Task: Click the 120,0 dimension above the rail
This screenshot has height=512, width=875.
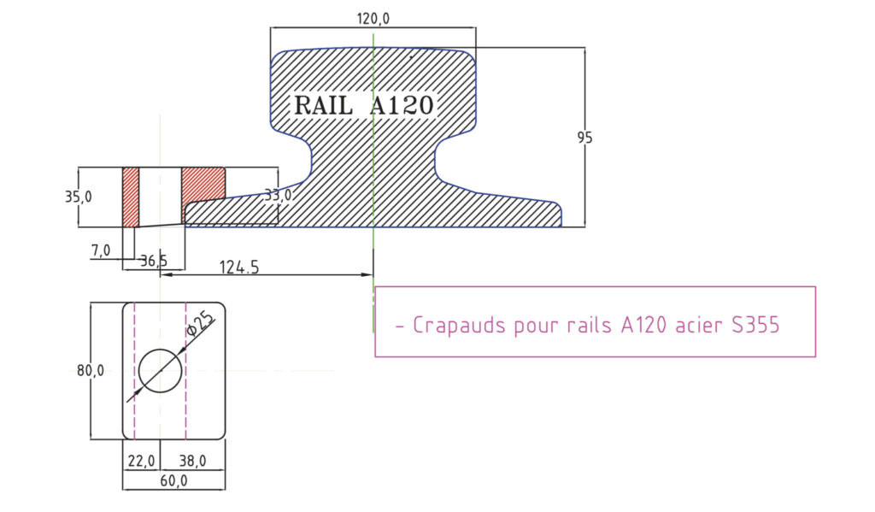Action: coord(373,18)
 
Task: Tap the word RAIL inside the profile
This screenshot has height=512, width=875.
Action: coord(322,106)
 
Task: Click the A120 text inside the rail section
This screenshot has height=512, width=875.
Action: coord(402,106)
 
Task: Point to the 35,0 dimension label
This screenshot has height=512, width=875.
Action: coord(79,197)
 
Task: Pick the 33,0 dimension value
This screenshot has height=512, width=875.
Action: coord(277,196)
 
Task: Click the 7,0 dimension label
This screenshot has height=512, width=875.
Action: coord(100,250)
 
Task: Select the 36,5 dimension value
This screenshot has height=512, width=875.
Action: coord(153,261)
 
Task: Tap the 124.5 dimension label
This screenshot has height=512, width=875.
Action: coord(239,267)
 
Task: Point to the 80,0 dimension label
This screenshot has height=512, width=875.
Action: coord(90,370)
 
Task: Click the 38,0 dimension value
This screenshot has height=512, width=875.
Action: coord(191,461)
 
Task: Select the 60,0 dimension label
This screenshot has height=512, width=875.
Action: coord(173,481)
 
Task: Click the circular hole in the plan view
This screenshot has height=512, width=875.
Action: coord(161,370)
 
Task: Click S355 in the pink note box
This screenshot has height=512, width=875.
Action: coord(755,326)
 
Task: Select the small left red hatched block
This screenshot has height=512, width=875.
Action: coord(131,197)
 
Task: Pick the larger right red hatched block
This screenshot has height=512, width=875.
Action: coord(203,182)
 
